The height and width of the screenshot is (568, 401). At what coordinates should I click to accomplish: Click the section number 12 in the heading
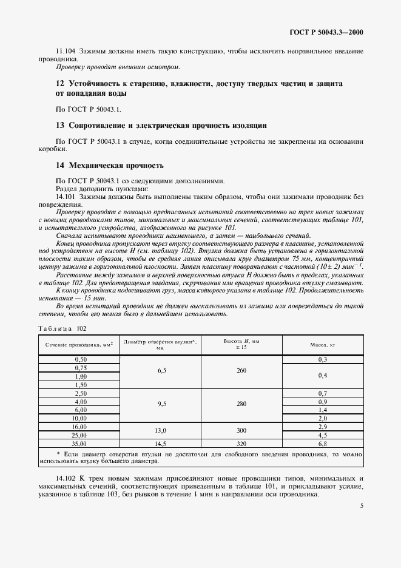tap(59, 84)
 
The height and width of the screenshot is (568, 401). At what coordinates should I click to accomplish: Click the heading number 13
tap(59, 126)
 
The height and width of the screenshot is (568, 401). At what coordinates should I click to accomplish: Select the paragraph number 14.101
tap(66, 197)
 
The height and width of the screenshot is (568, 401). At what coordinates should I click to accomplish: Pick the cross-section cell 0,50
tap(79, 360)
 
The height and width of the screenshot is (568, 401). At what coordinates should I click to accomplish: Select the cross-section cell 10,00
tap(79, 418)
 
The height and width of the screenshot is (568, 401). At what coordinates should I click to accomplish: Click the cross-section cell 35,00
tap(79, 444)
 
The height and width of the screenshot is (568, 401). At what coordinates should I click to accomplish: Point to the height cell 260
tap(241, 372)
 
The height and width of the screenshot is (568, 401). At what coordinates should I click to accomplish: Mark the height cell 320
tap(241, 444)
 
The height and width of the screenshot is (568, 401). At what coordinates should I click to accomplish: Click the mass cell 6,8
tap(322, 444)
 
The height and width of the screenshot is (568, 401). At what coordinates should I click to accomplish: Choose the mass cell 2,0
tap(322, 418)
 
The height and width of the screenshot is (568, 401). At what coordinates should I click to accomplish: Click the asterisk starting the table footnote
tap(57, 453)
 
